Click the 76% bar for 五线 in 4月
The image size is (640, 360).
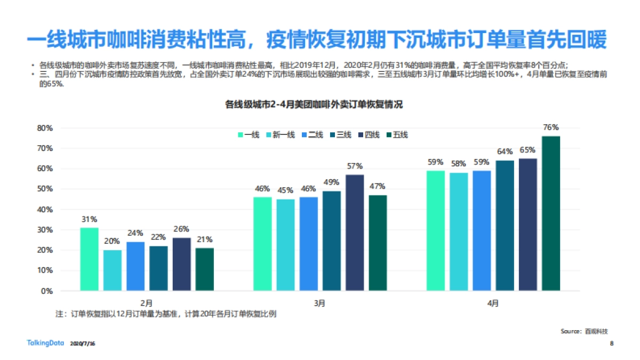click(551, 213)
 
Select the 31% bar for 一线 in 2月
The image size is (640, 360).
click(89, 259)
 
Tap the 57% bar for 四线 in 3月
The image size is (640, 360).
click(355, 233)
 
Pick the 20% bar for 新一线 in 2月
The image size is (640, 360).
click(112, 270)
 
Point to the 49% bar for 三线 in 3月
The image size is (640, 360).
click(332, 241)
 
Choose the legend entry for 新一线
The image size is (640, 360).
click(280, 135)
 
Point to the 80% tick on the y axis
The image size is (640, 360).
click(44, 128)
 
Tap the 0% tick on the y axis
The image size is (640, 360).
click(46, 291)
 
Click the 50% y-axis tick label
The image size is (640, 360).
click(44, 189)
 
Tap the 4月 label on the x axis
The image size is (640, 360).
click(493, 303)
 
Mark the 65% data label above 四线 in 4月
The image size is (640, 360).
click(528, 150)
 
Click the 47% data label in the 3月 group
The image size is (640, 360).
click(378, 186)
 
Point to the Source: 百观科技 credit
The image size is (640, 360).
click(584, 331)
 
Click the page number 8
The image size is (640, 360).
click(611, 343)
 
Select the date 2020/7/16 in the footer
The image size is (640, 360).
click(83, 344)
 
